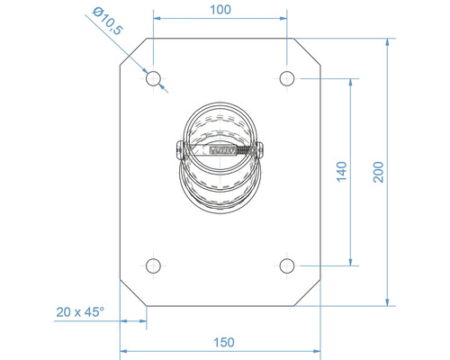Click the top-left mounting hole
(x=154, y=78)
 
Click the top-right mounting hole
(x=287, y=78)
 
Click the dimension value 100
(x=220, y=9)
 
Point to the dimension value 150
(x=223, y=341)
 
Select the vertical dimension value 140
(x=340, y=172)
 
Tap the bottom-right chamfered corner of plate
(x=308, y=292)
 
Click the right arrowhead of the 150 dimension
(x=317, y=351)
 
